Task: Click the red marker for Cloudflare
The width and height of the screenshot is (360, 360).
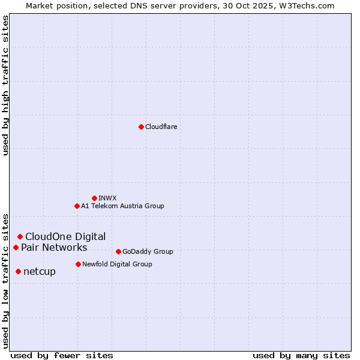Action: point(141,127)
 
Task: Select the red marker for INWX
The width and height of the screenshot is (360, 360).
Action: point(94,198)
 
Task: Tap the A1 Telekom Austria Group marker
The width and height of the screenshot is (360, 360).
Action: point(77,206)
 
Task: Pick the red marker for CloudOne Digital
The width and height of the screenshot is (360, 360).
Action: point(20,236)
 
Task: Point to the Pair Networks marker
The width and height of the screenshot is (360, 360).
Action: point(16,247)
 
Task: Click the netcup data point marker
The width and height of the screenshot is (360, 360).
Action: point(18,271)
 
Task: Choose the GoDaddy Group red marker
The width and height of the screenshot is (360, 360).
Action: point(118,251)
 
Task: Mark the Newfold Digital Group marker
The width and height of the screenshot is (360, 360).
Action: point(78,264)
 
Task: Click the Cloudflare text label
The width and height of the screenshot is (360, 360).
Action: point(161,127)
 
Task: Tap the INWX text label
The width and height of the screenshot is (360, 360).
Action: point(107,198)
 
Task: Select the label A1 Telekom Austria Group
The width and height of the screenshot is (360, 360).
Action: point(122,206)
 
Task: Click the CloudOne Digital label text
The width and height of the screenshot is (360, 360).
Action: point(65,236)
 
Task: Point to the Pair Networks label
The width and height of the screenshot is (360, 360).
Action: point(54,247)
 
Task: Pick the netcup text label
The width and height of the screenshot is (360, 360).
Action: point(40,271)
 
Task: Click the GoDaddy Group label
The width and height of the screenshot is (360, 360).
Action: point(148,251)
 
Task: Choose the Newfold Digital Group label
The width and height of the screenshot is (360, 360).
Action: point(117,264)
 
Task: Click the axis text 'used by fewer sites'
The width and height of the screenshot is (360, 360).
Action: point(62,355)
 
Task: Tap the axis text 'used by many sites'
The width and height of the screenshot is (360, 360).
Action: point(301,355)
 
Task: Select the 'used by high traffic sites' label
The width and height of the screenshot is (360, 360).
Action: point(5,85)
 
